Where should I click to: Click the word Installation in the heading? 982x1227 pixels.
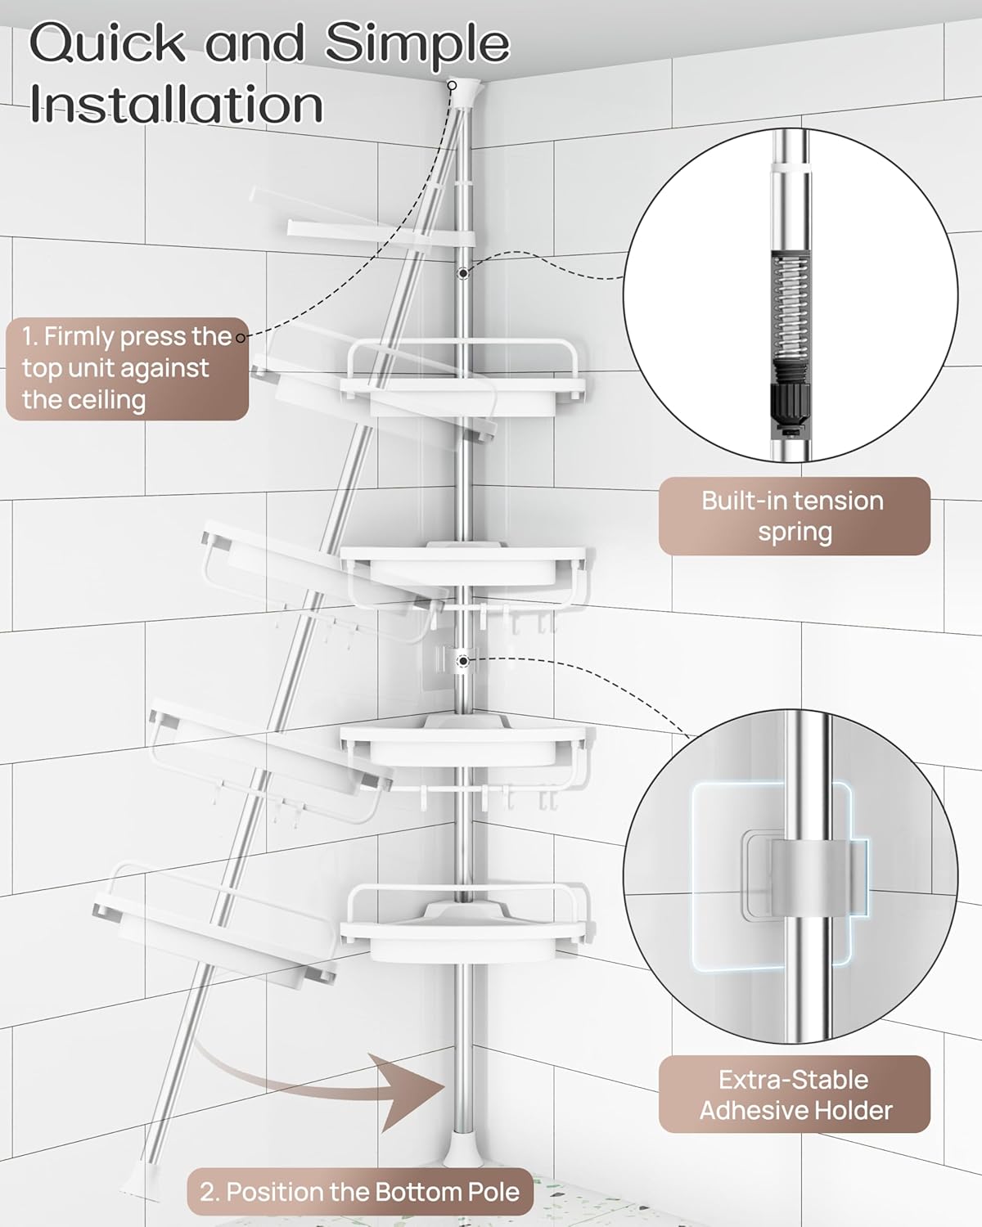176,105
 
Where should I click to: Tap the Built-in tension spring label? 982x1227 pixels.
794,516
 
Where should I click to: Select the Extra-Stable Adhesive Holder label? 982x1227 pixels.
794,1094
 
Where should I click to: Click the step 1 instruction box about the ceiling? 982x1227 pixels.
127,368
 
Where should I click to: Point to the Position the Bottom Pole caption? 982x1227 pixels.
360,1191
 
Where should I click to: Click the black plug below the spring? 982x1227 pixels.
790,405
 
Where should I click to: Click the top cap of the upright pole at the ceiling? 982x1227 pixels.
464,90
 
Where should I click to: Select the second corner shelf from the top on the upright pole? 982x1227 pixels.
465,564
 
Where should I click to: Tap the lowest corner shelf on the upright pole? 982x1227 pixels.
465,924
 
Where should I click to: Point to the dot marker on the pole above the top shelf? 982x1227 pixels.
463,272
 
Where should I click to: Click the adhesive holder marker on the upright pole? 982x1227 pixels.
463,659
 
